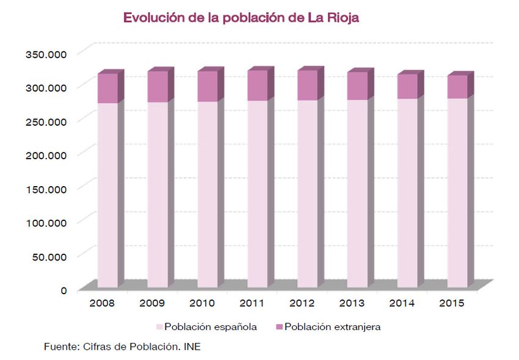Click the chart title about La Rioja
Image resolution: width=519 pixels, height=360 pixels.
(241, 18)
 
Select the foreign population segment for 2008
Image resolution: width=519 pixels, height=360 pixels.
(107, 88)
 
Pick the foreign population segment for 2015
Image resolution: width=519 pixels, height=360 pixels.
(457, 87)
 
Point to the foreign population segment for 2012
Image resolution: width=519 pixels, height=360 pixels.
(307, 85)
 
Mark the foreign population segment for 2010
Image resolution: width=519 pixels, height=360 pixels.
(207, 86)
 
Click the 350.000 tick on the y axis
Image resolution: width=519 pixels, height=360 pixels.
(46, 54)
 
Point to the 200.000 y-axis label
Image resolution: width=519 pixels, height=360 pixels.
(46, 154)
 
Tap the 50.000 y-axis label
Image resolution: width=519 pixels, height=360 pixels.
(49, 256)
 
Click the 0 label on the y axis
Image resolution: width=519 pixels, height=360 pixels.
(64, 290)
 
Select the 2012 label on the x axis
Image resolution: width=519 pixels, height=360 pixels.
(301, 303)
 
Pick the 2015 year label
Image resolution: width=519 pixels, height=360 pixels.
(451, 303)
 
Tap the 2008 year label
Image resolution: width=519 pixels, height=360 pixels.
(101, 303)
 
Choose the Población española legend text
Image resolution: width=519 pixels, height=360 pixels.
(210, 327)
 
